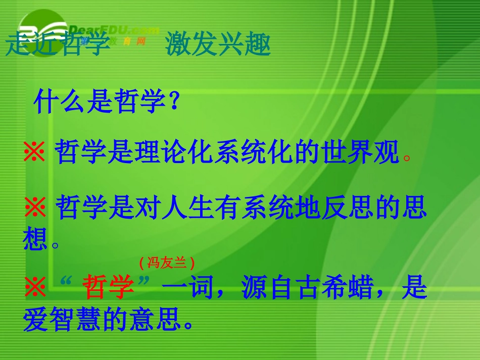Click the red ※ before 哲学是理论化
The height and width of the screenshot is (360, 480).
35,152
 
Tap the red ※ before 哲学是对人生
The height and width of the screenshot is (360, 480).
35,209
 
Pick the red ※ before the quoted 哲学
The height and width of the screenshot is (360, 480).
35,289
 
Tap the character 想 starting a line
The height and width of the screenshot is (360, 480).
35,238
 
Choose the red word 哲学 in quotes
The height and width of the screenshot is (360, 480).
108,289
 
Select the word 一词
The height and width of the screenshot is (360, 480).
187,289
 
